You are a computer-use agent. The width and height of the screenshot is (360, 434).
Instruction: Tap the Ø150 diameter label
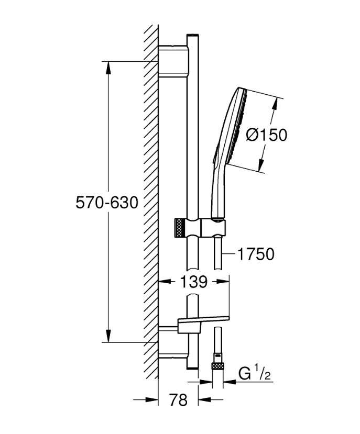click(x=266, y=135)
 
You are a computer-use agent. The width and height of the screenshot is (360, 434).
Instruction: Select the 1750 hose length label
click(x=256, y=254)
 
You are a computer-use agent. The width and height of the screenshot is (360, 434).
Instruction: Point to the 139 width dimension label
click(x=194, y=282)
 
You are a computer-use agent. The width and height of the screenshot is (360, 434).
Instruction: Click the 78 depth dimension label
click(x=179, y=400)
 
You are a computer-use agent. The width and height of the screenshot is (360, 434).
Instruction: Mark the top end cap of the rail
click(x=192, y=36)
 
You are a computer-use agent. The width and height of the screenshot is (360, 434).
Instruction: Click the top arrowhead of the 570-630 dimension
click(x=108, y=65)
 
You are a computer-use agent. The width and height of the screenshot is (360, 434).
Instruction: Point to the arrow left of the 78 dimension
click(x=152, y=400)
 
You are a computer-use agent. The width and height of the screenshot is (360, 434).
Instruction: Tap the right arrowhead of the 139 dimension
click(x=225, y=282)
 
